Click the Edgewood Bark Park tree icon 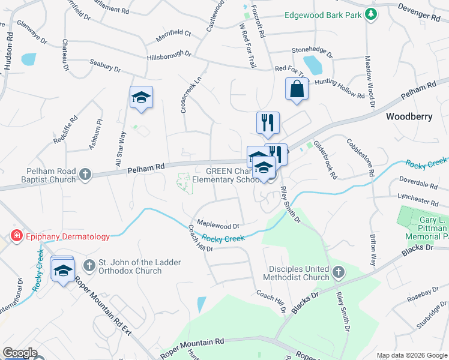[x=370, y=14]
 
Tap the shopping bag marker [x=297, y=90]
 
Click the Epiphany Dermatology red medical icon [x=16, y=236]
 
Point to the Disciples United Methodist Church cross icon [x=338, y=273]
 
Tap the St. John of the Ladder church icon [x=89, y=265]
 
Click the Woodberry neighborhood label [x=409, y=116]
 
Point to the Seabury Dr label [x=104, y=65]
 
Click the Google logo [x=20, y=353]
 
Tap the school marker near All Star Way [x=141, y=98]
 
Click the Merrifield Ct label [x=173, y=35]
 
